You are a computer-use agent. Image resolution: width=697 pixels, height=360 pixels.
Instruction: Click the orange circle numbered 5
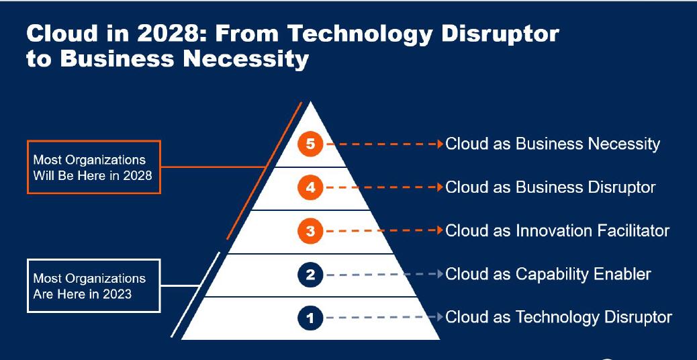[310, 144]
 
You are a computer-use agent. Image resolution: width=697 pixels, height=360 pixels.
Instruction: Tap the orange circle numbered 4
[310, 187]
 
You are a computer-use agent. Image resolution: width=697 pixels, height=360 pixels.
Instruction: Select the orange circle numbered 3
[310, 232]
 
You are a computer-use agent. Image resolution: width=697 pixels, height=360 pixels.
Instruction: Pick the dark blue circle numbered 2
[310, 274]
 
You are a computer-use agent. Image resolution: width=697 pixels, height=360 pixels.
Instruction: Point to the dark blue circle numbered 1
[310, 317]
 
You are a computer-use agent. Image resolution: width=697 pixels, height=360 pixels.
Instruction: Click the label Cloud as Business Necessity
[553, 144]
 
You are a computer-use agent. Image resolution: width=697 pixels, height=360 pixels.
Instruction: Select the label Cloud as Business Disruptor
[550, 187]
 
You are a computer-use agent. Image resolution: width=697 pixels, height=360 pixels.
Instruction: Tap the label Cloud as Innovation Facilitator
[557, 231]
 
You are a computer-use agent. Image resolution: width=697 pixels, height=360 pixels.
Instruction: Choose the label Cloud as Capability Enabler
[548, 274]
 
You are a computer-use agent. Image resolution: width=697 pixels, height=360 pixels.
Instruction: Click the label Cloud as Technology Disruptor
[559, 317]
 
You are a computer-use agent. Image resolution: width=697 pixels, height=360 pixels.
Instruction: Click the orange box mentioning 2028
[94, 167]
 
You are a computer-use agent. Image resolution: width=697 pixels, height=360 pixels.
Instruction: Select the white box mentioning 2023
[94, 285]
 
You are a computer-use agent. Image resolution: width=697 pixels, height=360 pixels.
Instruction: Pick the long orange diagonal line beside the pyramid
[262, 171]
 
